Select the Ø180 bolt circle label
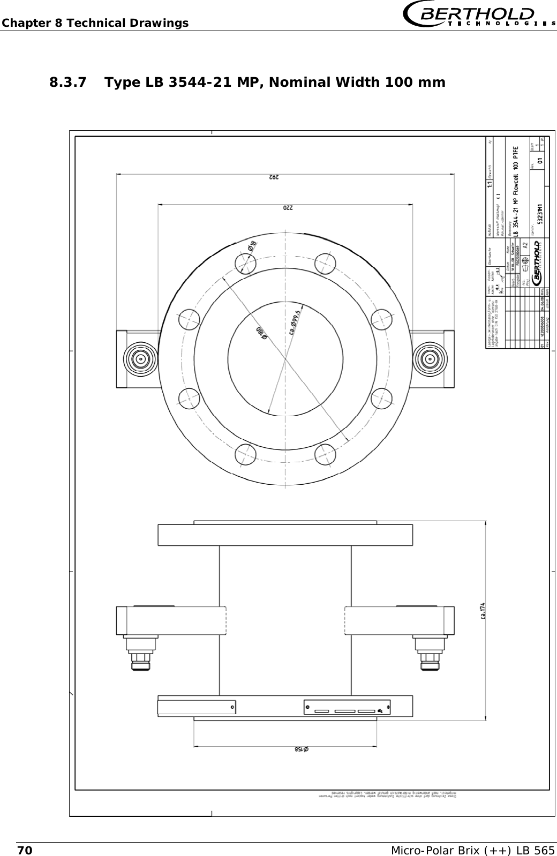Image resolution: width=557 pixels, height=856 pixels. [x=261, y=332]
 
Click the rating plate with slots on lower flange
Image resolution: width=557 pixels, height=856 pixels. [x=347, y=707]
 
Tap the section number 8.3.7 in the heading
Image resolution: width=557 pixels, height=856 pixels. [x=70, y=82]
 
